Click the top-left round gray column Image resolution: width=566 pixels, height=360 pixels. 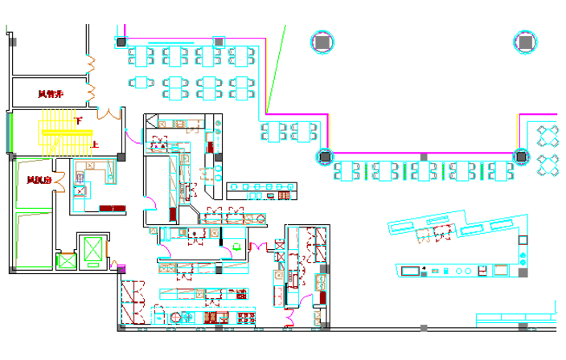pyautogui.click(x=322, y=42)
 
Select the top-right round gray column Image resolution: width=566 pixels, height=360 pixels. pyautogui.click(x=526, y=42)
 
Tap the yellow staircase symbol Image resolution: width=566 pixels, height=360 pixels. pyautogui.click(x=64, y=132)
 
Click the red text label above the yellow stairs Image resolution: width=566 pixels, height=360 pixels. pyautogui.click(x=51, y=95)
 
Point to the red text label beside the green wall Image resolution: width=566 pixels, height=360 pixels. pyautogui.click(x=39, y=181)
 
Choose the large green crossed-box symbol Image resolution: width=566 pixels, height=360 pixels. pyautogui.click(x=93, y=249)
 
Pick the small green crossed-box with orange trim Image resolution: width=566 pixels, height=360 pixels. pyautogui.click(x=66, y=260)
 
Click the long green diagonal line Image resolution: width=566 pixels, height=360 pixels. pyautogui.click(x=277, y=68)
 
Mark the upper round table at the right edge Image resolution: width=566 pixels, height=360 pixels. pyautogui.click(x=548, y=135)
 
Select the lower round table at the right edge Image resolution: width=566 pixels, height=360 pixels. pyautogui.click(x=548, y=166)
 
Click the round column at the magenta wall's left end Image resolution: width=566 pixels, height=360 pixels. pyautogui.click(x=325, y=156)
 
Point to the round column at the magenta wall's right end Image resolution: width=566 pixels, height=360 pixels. pyautogui.click(x=521, y=156)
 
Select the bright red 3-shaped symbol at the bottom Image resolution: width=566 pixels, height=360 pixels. pyautogui.click(x=289, y=317)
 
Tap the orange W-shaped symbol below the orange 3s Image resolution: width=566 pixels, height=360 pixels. pyautogui.click(x=109, y=113)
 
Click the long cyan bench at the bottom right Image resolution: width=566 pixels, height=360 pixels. pyautogui.click(x=515, y=318)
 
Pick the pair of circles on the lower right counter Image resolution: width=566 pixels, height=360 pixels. pyautogui.click(x=463, y=272)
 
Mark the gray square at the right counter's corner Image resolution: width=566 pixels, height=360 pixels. pyautogui.click(x=523, y=272)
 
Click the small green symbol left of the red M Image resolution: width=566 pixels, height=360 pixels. pyautogui.click(x=236, y=247)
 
